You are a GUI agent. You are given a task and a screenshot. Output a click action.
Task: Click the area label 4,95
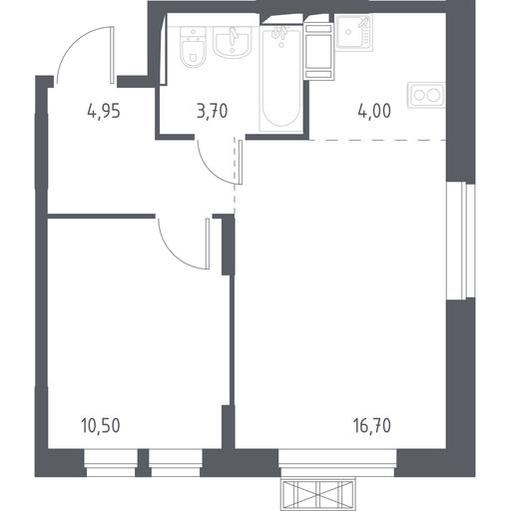click(x=104, y=111)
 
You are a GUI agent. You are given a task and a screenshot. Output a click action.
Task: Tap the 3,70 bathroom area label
click(x=212, y=111)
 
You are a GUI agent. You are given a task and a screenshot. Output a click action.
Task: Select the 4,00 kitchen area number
click(x=374, y=111)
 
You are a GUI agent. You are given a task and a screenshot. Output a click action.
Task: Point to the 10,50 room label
click(x=101, y=426)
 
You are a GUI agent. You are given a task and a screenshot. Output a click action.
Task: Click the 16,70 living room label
click(x=372, y=426)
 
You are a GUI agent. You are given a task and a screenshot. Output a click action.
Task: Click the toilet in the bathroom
click(x=193, y=48)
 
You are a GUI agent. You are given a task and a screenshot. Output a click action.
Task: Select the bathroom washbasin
click(x=232, y=42)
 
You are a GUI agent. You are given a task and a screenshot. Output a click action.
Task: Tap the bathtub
click(x=281, y=78)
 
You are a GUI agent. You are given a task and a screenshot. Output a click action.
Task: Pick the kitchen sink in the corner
click(x=354, y=32)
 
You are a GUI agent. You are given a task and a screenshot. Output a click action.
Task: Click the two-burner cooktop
click(x=426, y=95)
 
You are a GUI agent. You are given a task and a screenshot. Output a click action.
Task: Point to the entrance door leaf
click(x=112, y=55)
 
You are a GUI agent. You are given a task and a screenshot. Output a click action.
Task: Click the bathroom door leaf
click(x=241, y=162)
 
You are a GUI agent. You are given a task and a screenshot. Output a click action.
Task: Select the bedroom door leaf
click(x=208, y=244)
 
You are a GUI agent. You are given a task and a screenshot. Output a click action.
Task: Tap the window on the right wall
click(x=461, y=241)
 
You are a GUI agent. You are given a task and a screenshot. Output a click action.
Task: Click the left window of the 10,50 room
click(x=111, y=463)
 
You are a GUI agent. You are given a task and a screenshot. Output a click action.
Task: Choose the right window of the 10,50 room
click(x=176, y=463)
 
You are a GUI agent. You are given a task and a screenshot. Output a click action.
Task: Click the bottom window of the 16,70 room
click(x=337, y=463)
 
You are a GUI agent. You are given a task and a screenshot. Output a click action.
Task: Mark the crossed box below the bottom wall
click(x=318, y=494)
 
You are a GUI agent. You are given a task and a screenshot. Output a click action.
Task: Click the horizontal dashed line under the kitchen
click(x=377, y=140)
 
